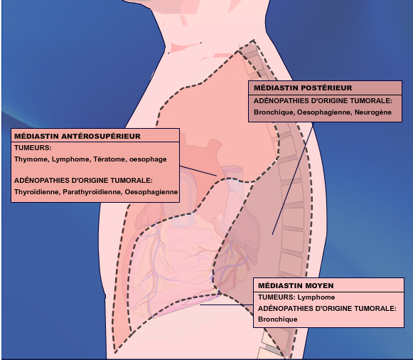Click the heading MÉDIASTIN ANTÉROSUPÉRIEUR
click(x=77, y=136)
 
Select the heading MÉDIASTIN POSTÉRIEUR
click(x=303, y=88)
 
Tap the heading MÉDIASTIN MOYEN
click(x=296, y=285)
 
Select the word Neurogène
click(x=373, y=112)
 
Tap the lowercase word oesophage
click(x=148, y=159)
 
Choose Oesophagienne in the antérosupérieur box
click(x=151, y=192)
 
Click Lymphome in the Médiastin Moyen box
click(x=316, y=297)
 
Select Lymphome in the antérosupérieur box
click(x=70, y=159)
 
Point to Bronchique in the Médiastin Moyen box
click(x=278, y=319)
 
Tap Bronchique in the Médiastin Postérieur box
click(x=274, y=112)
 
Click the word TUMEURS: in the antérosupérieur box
click(x=33, y=148)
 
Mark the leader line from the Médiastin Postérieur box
click(x=293, y=178)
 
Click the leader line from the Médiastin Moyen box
click(x=227, y=305)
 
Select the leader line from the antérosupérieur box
click(x=198, y=171)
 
